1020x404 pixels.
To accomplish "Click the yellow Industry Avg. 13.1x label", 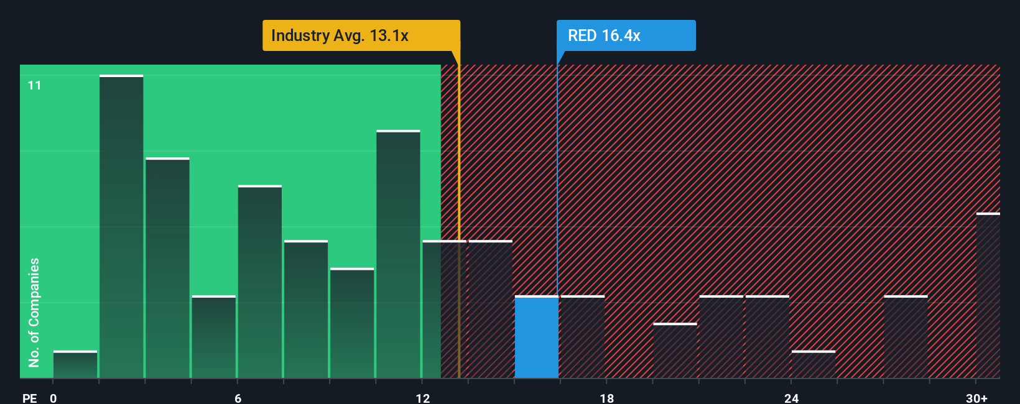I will pyautogui.click(x=361, y=35).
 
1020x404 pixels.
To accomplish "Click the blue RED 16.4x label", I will pyautogui.click(x=626, y=35).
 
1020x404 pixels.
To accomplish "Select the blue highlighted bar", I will pyautogui.click(x=536, y=337).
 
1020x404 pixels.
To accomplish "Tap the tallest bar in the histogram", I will pyautogui.click(x=121, y=227).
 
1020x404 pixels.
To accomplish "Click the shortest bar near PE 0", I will pyautogui.click(x=75, y=365).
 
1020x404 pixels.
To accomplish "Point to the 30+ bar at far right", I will pyautogui.click(x=988, y=296).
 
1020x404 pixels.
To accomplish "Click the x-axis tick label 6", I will pyautogui.click(x=238, y=398).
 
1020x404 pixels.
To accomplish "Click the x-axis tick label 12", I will pyautogui.click(x=423, y=398).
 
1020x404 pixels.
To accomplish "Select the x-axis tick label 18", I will pyautogui.click(x=607, y=398).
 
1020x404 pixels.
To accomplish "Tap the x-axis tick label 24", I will pyautogui.click(x=791, y=398).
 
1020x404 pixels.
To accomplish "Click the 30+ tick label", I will pyautogui.click(x=976, y=398).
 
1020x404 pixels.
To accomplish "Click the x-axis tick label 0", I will pyautogui.click(x=53, y=398).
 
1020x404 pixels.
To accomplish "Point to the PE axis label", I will pyautogui.click(x=29, y=398).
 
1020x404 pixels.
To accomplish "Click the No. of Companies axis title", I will pyautogui.click(x=34, y=312).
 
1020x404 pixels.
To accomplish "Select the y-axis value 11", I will pyautogui.click(x=34, y=85).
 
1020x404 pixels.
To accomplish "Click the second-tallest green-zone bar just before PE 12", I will pyautogui.click(x=398, y=255).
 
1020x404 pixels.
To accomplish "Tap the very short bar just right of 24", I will pyautogui.click(x=814, y=365).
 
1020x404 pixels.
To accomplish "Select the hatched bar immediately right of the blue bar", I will pyautogui.click(x=583, y=337).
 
